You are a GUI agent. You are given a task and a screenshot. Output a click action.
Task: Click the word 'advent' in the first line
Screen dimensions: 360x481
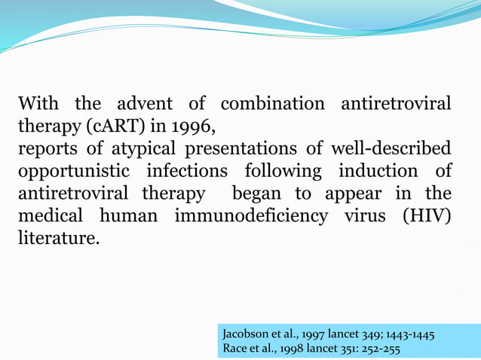pyautogui.click(x=143, y=103)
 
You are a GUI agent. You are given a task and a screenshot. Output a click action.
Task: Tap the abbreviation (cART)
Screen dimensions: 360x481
pyautogui.click(x=117, y=125)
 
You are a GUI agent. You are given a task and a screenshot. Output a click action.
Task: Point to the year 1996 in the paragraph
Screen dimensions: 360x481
pyautogui.click(x=196, y=125)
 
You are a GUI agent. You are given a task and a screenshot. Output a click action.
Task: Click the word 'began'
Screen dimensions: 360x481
pyautogui.click(x=267, y=193)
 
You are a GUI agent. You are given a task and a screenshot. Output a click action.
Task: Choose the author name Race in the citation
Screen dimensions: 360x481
pyautogui.click(x=237, y=349)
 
